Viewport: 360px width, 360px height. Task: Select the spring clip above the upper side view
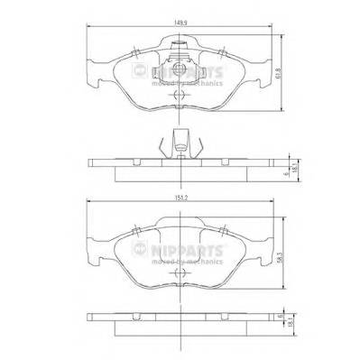coord(180,143)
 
